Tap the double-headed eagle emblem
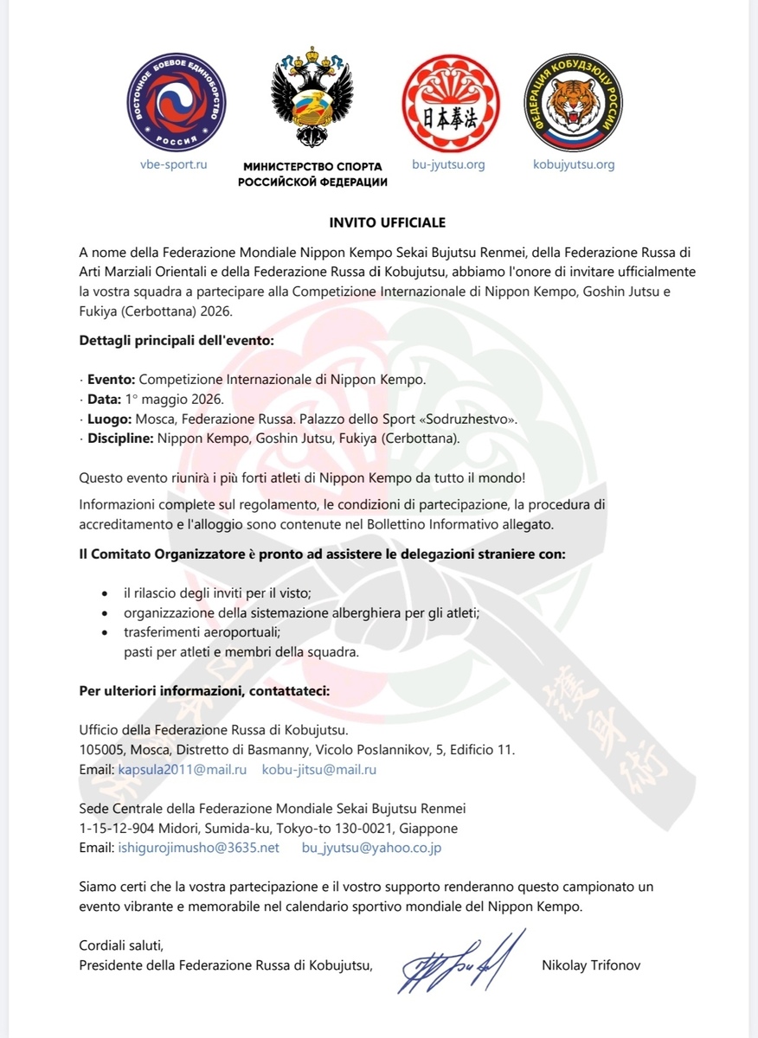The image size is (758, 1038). coord(312,101)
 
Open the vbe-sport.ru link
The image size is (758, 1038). coord(173,164)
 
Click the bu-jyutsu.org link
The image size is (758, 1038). coord(447,164)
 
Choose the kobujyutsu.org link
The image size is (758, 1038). coord(574,164)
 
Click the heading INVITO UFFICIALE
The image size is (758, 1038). coord(387,222)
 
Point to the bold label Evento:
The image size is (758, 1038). coord(111,379)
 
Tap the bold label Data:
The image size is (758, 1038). coord(105,399)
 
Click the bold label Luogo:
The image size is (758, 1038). coord(109,419)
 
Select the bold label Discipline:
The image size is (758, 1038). coord(119,439)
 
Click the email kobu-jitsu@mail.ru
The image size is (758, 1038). coord(318,769)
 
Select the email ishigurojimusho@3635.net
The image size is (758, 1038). coord(198,848)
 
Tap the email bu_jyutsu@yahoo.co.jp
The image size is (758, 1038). coord(371,848)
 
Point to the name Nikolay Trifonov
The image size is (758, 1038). coord(591,964)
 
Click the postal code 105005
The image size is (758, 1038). coord(100,749)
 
